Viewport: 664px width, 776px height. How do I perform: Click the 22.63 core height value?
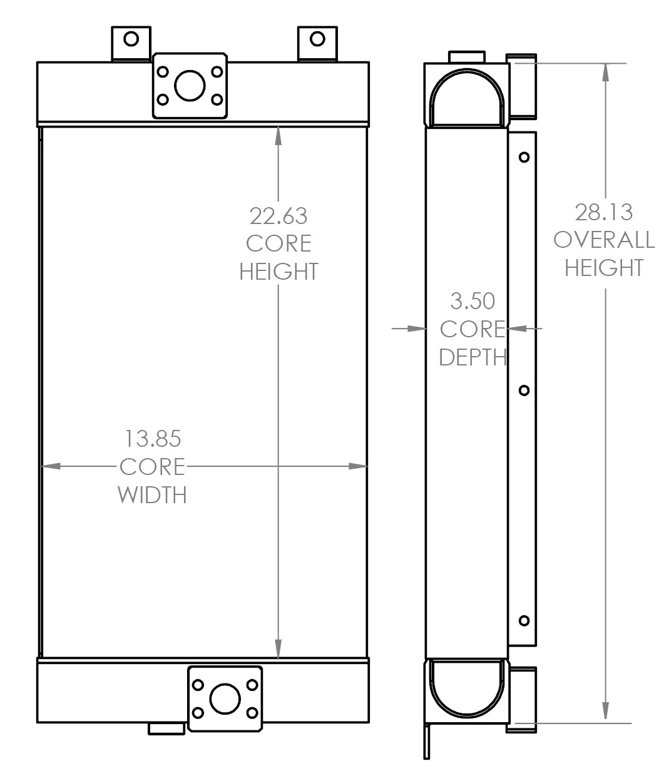(x=278, y=215)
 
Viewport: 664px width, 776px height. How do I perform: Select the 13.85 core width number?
(x=152, y=439)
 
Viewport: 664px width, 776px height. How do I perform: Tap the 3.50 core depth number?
(x=472, y=301)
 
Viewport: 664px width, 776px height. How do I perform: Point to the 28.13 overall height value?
(x=604, y=212)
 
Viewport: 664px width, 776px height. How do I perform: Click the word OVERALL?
(x=604, y=240)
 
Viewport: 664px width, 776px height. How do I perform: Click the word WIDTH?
(x=152, y=495)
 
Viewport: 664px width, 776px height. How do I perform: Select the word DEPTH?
(x=472, y=357)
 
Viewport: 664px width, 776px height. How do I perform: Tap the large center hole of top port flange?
(x=190, y=86)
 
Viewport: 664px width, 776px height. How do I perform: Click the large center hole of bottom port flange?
(x=225, y=699)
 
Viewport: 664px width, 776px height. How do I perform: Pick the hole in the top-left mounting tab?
(x=131, y=39)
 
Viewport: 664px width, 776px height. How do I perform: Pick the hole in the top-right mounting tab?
(x=318, y=39)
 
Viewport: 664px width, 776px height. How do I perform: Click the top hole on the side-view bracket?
(x=524, y=157)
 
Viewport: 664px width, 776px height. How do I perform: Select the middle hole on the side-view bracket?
(x=524, y=391)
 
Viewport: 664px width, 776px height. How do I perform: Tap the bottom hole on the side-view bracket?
(x=524, y=621)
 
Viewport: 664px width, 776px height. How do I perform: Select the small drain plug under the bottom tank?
(x=166, y=728)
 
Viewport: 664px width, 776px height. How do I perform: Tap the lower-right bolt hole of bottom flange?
(x=253, y=713)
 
